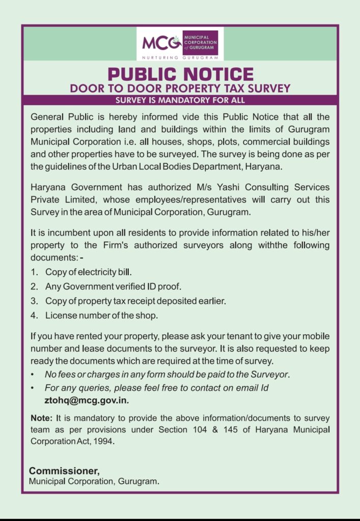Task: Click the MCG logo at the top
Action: (180, 43)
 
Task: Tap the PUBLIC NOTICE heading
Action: (180, 74)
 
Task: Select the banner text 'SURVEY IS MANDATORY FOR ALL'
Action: (180, 100)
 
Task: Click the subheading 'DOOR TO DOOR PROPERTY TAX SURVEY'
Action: (180, 88)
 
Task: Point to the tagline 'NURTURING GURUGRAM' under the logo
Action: (180, 58)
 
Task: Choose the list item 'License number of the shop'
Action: (101, 315)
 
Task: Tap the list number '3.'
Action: (34, 301)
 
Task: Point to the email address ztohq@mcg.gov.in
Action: (87, 400)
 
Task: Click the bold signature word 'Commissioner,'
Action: (64, 471)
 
